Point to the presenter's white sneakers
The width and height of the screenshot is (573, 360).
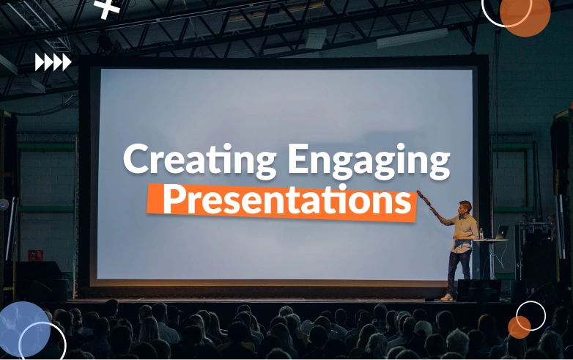pos(447,297)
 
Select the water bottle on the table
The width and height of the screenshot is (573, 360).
pos(481,234)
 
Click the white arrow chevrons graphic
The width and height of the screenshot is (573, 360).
pos(53,62)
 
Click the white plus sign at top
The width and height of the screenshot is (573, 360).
pos(108,8)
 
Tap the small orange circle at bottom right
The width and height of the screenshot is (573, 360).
pos(520,327)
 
